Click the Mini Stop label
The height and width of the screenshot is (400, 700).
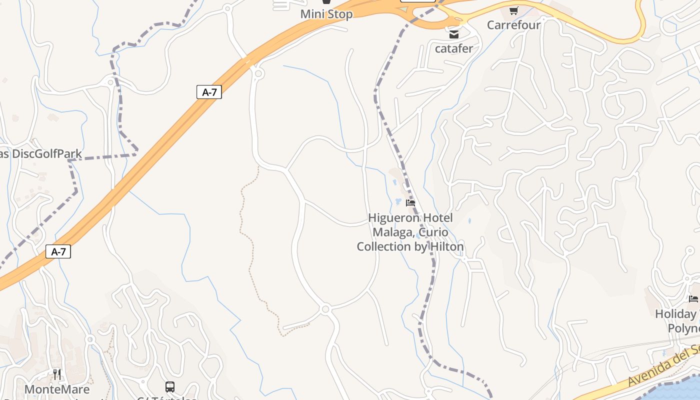pos(326,14)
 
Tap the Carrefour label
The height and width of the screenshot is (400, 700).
pos(513,24)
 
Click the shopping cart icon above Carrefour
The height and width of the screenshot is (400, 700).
pos(513,10)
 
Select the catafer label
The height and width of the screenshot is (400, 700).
pos(453,48)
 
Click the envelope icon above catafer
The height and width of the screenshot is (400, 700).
pos(453,34)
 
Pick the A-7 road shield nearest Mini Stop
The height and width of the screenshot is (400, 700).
pos(209,92)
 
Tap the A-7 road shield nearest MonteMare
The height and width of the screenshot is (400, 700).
pos(58,251)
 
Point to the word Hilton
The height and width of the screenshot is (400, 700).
pos(445,246)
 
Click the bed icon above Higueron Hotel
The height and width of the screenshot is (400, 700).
pos(410,203)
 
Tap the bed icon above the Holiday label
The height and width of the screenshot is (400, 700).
pos(693,299)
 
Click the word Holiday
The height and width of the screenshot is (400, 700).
pos(675,314)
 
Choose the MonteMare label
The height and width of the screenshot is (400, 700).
pos(57,389)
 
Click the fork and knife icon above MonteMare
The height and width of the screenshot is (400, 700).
pos(57,374)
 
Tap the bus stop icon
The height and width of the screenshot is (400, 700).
pos(170,386)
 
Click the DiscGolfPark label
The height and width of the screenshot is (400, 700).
pos(46,153)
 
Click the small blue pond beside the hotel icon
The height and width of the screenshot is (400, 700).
pos(398,201)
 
